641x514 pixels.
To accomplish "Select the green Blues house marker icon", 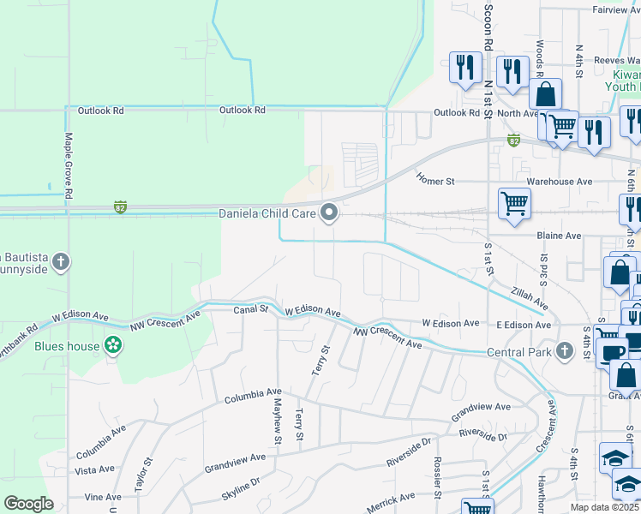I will [x=111, y=346].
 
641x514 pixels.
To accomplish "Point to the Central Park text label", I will [x=518, y=351].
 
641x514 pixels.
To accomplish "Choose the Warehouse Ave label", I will [x=559, y=182].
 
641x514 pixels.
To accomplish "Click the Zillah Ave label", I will [x=530, y=298].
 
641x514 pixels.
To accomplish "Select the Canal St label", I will [x=251, y=309].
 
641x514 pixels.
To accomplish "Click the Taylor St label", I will [x=142, y=474].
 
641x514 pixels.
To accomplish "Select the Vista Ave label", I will [x=94, y=469].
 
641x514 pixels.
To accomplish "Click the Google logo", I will [x=28, y=504].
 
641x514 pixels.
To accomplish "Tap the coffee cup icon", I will [x=613, y=353].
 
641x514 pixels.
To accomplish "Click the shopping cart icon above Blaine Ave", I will [x=514, y=204].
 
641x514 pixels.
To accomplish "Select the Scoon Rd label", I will [x=488, y=28].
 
